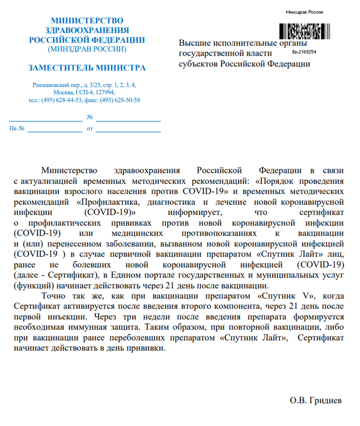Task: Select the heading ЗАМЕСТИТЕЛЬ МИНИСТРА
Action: coord(87,67)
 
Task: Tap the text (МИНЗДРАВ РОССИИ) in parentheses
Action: coord(87,49)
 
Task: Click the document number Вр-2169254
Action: coord(304,52)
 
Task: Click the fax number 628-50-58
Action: coord(127,100)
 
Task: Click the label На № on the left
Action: coord(17,128)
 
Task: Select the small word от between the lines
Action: coord(90,128)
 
